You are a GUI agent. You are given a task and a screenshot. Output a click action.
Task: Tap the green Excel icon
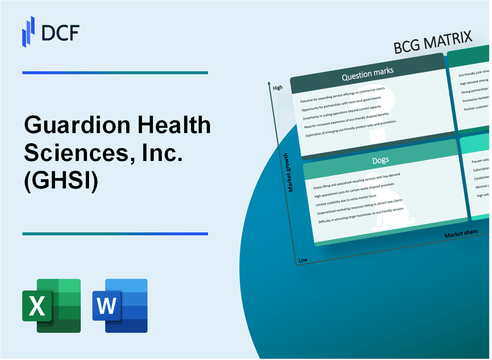[x=51, y=305]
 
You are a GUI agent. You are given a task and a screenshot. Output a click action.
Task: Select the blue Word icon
[x=120, y=305]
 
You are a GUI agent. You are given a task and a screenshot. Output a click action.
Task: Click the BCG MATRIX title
[x=433, y=44]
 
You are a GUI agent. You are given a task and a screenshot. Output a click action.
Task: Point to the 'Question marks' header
[x=368, y=74]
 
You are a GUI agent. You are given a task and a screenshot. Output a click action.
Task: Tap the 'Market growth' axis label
[x=291, y=172]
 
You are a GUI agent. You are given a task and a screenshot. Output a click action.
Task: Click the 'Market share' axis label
[x=461, y=233]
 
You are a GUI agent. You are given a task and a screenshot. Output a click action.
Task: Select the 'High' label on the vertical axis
[x=278, y=88]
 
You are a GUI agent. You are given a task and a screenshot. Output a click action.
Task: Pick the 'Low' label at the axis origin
[x=302, y=260]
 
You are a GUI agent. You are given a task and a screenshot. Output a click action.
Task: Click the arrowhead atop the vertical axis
[x=269, y=83]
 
